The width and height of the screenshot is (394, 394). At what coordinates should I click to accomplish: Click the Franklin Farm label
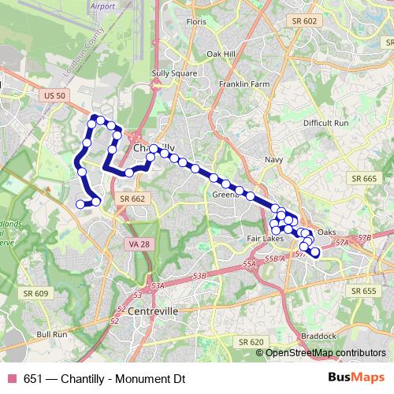[244, 84]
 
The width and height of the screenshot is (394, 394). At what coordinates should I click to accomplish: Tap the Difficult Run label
[325, 124]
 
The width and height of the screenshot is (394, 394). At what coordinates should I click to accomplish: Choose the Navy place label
[273, 159]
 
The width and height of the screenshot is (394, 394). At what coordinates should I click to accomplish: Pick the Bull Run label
[52, 334]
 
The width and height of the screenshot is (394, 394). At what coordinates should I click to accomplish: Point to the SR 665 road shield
[365, 179]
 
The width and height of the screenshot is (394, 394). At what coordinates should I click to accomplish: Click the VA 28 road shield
[136, 245]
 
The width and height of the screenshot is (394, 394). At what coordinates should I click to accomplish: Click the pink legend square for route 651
[12, 377]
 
